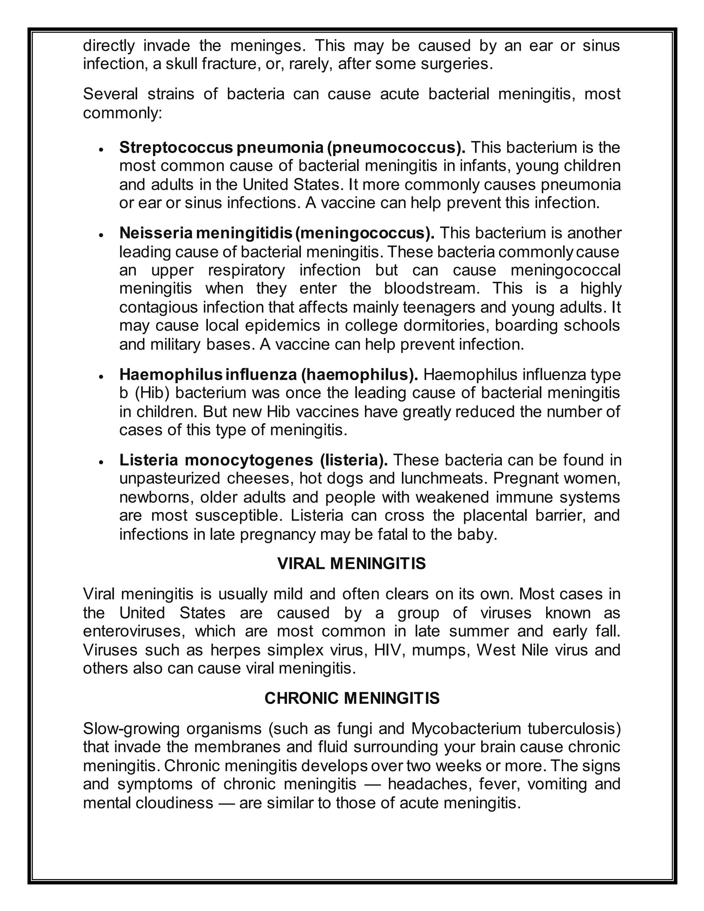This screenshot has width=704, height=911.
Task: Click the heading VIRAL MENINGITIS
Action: pyautogui.click(x=351, y=563)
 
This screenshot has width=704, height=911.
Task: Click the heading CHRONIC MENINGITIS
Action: pyautogui.click(x=352, y=698)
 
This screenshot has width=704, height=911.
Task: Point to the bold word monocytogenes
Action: pyautogui.click(x=249, y=460)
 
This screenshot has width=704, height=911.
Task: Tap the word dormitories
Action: pyautogui.click(x=446, y=325)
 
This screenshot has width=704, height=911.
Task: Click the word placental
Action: pyautogui.click(x=495, y=515)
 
